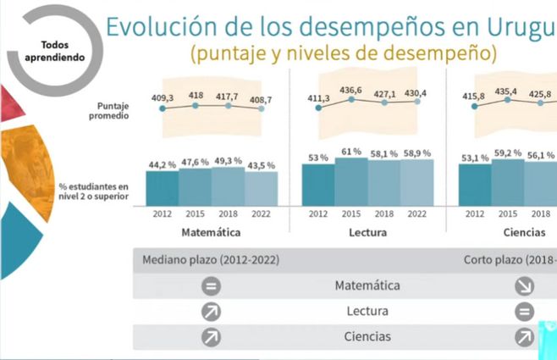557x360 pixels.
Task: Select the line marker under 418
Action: coord(196,106)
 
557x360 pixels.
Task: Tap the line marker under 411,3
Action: coord(318,108)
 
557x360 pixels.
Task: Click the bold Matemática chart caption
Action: coord(211,231)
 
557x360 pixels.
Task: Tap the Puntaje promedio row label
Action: coord(113,110)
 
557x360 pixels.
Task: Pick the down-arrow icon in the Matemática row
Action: coord(524,286)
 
